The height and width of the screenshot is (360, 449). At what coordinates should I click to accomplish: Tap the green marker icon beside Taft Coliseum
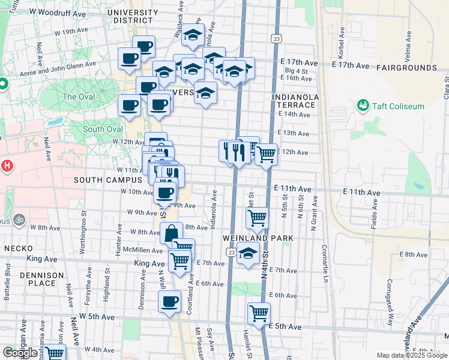363,106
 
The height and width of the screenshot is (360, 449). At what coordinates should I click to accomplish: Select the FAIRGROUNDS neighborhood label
407,68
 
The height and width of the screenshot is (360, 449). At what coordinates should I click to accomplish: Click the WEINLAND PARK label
258,238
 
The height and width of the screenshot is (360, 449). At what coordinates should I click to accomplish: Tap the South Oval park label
103,129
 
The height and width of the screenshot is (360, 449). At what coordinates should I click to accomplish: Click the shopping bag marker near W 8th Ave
171,233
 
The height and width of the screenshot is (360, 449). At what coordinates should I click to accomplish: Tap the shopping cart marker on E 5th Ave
259,313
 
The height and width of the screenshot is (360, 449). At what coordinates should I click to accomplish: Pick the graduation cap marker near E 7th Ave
247,253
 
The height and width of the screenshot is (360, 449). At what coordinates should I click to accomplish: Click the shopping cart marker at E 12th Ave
266,154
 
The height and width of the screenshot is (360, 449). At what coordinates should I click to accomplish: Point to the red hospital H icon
7,166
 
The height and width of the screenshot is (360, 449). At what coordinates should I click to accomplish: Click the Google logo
19,353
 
